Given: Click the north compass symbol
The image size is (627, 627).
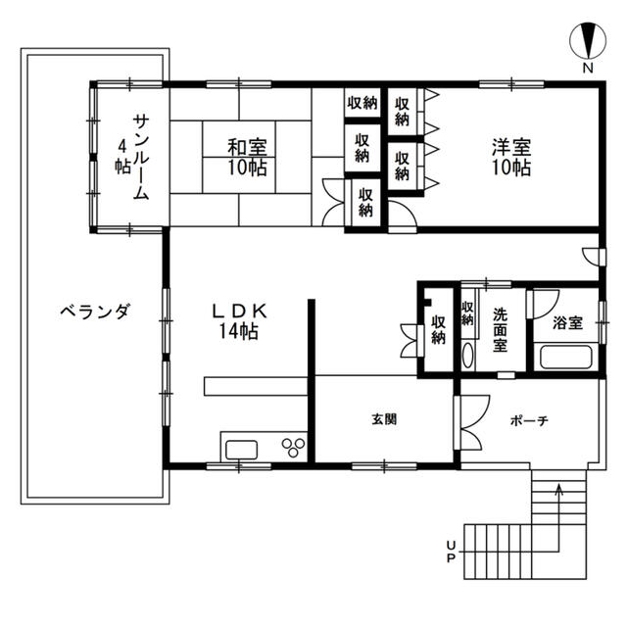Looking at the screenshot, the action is click(x=588, y=41).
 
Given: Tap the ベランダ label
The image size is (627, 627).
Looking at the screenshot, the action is click(x=95, y=312).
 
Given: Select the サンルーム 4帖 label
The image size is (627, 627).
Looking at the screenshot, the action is click(x=132, y=157).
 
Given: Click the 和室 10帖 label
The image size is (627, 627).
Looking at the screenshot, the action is click(x=247, y=157).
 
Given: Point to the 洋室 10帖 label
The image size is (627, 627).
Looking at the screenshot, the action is click(x=511, y=157).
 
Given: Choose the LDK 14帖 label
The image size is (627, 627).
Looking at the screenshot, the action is click(x=239, y=320).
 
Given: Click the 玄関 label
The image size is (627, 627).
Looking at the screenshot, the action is click(x=384, y=419).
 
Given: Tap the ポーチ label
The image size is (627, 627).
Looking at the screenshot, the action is click(x=529, y=420).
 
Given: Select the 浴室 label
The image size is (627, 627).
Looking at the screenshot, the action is click(x=568, y=322).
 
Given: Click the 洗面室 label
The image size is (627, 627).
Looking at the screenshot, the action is click(x=500, y=330).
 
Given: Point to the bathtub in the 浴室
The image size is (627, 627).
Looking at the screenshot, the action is click(x=565, y=358).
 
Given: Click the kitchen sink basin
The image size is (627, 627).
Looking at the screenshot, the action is click(x=241, y=450).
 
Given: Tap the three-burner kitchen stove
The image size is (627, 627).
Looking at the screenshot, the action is click(x=294, y=447).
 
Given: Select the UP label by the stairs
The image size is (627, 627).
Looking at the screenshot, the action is click(x=451, y=552).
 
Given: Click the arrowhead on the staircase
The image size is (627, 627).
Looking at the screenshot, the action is click(x=559, y=489).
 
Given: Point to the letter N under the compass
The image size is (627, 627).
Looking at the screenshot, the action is click(x=588, y=68).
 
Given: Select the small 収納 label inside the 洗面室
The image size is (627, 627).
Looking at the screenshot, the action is click(x=467, y=313).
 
